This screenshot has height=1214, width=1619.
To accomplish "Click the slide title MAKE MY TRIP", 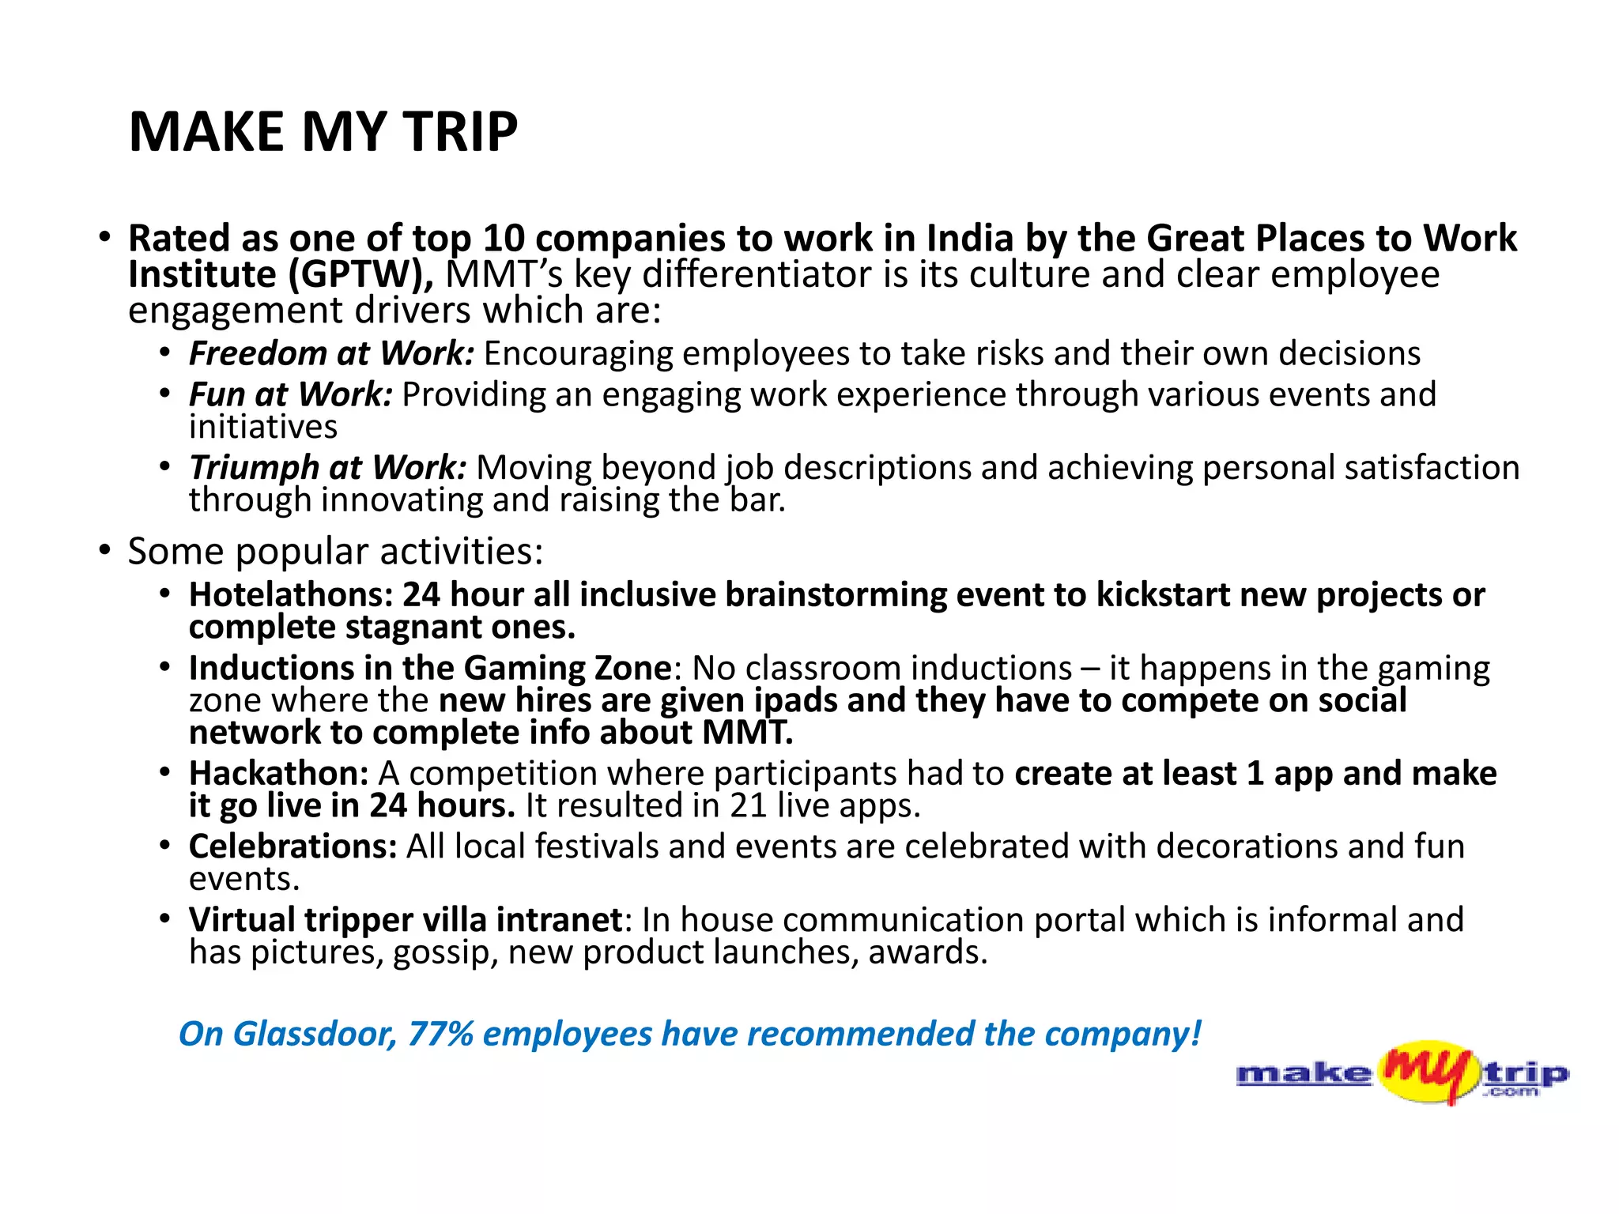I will tap(323, 131).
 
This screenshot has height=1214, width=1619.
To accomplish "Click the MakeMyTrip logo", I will tap(1402, 1073).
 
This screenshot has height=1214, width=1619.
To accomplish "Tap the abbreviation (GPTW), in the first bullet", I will tap(360, 275).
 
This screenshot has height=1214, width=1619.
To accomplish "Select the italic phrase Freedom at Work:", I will tap(331, 353).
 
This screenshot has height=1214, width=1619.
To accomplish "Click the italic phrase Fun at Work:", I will tap(290, 394).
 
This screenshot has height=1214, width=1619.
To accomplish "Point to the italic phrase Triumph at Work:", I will tap(327, 467).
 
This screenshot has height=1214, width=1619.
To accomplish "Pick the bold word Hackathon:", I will tap(278, 773).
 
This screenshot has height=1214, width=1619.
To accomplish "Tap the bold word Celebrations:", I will tap(292, 846).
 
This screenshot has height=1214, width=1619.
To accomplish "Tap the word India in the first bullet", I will tap(969, 238).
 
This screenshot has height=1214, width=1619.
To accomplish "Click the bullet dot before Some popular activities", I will tap(104, 550).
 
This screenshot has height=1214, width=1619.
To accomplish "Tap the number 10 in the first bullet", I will tap(504, 238).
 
